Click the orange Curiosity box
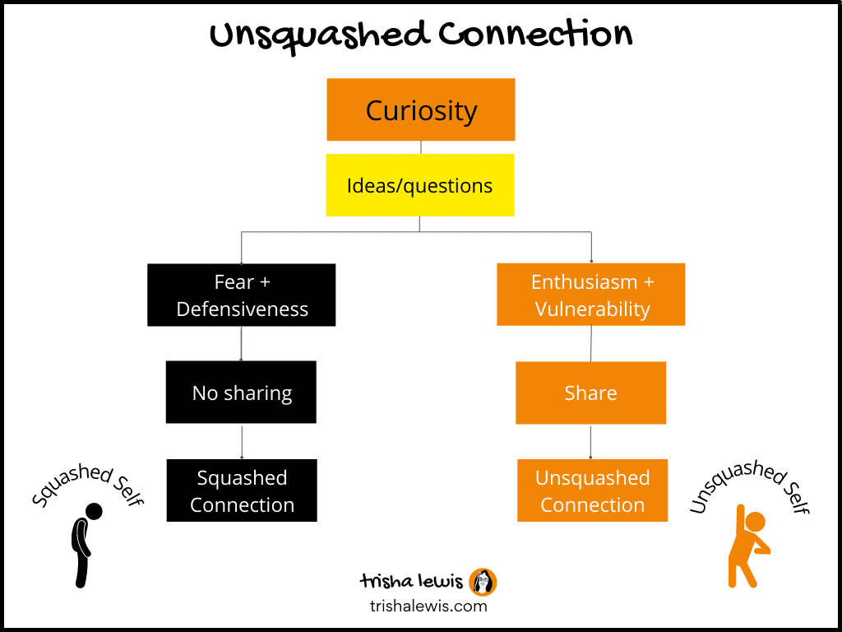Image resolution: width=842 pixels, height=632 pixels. coord(421,109)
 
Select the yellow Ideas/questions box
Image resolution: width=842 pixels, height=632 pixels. coord(420,185)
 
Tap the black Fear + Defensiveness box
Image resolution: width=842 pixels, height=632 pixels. coord(242,295)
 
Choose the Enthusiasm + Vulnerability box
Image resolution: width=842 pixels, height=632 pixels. coord(590,295)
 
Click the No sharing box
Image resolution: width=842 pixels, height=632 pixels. coord(241,393)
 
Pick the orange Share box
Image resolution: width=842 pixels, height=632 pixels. coord(590,393)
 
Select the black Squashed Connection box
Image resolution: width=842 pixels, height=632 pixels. coord(242,490)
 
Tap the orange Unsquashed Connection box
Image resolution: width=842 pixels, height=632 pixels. coord(592,490)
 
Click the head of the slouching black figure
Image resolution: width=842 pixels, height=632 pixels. coord(94,512)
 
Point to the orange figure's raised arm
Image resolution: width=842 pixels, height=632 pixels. coord(741,524)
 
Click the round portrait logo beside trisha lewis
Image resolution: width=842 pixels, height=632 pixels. coord(483,582)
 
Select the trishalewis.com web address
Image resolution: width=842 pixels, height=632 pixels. coord(428,606)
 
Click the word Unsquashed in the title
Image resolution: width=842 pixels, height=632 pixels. coord(320,36)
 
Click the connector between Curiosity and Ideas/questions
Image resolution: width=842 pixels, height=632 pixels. coord(421,148)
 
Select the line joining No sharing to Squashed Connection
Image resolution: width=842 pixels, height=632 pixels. coord(242,441)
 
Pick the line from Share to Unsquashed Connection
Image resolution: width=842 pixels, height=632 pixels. coord(590,441)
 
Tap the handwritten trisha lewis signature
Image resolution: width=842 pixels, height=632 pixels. coord(411,582)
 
